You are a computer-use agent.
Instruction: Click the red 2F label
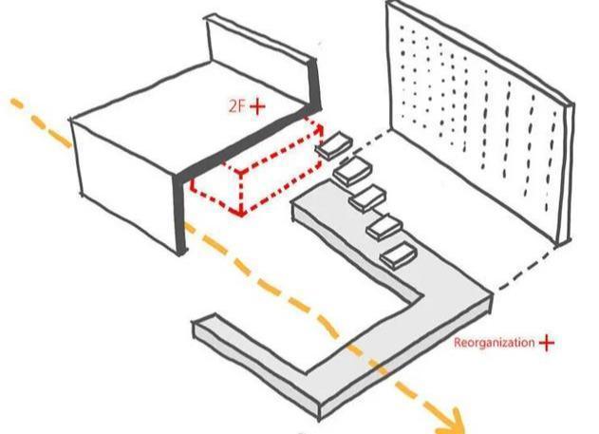point(236,105)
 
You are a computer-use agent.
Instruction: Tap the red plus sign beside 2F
point(257,106)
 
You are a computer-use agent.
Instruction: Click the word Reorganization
point(494,342)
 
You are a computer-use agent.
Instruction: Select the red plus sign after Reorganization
point(547,343)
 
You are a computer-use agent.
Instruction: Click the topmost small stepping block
point(335,145)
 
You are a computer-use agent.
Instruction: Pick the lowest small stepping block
point(399,255)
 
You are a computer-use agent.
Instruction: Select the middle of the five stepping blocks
point(367,198)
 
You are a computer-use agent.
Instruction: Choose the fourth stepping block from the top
point(384,227)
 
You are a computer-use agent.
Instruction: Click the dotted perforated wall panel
point(481,123)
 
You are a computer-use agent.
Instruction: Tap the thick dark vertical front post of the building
point(179,215)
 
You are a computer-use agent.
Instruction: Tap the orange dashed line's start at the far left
point(14,102)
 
